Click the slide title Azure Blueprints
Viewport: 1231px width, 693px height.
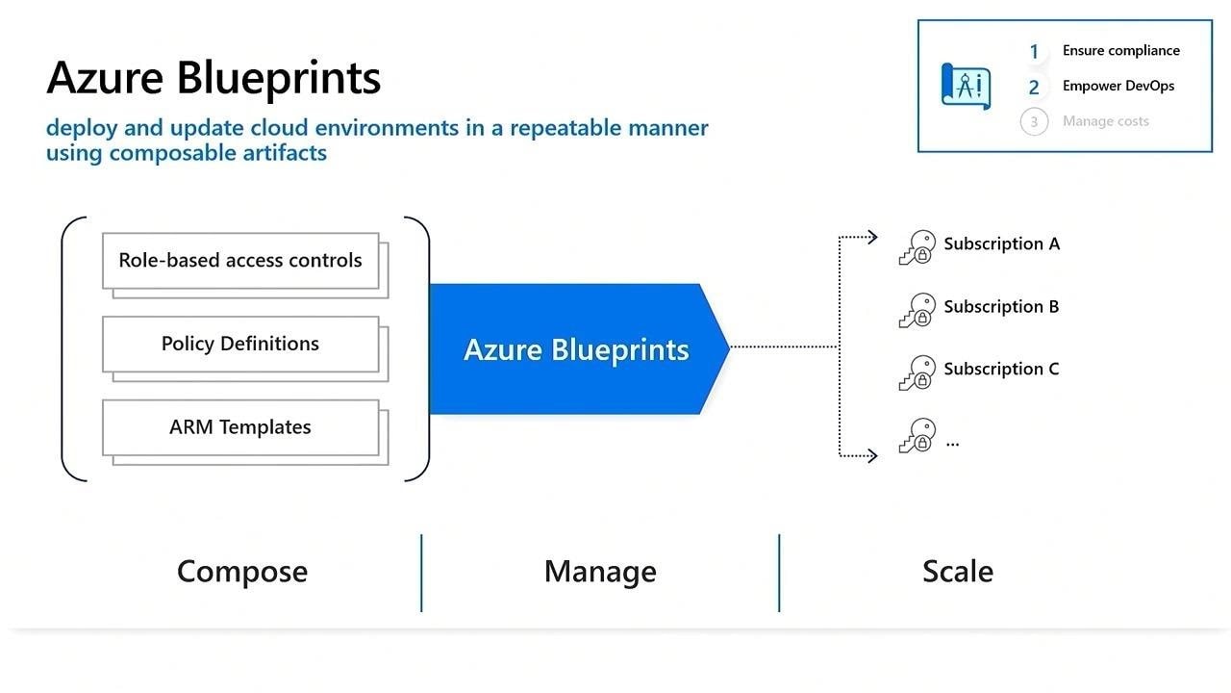214,78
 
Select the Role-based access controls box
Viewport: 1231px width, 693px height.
240,261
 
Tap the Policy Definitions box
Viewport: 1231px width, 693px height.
240,345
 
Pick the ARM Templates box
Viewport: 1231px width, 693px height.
240,427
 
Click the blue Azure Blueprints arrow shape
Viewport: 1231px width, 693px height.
577,349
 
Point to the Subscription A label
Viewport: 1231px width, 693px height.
1001,244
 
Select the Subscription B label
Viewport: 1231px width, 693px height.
1001,307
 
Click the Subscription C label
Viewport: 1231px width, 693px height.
1001,370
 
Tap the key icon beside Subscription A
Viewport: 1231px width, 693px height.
917,247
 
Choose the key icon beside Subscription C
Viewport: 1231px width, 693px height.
917,372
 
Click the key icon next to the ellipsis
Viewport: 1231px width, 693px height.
917,436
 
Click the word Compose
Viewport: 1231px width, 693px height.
242,572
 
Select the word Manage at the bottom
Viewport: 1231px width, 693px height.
600,572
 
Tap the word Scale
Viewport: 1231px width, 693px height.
957,572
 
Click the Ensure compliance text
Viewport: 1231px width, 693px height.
1120,51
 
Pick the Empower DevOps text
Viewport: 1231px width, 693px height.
1118,86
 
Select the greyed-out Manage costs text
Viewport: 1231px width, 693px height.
1105,121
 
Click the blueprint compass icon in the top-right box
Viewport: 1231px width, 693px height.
965,86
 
